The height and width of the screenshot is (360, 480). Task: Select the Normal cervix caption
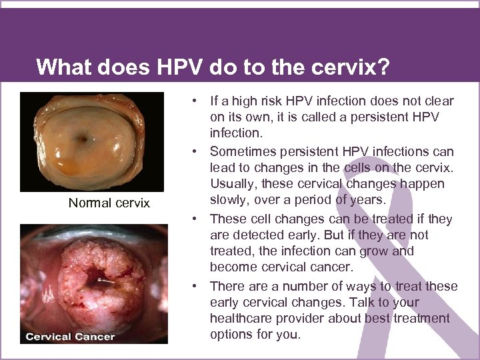109,203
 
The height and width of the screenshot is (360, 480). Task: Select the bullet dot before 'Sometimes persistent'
195,151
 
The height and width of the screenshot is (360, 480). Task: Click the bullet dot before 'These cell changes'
195,219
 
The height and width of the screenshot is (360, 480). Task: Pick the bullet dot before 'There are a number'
195,287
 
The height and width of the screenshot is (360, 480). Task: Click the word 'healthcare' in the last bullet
244,319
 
